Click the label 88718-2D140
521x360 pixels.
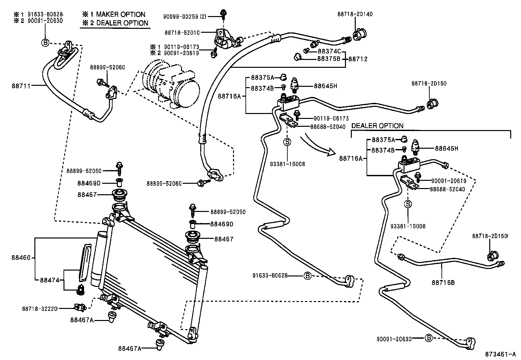coord(355,14)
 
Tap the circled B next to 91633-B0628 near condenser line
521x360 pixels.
coord(307,275)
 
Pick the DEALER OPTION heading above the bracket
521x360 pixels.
coord(377,126)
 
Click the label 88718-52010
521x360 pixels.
coord(182,32)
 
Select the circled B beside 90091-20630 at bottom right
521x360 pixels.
coord(429,338)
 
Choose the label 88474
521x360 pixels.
coord(49,280)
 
